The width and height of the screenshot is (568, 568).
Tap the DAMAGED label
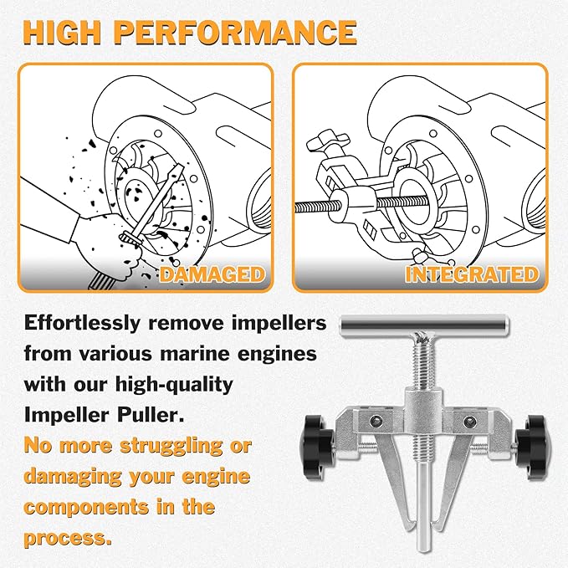[212, 274]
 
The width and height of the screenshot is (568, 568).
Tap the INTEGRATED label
[471, 274]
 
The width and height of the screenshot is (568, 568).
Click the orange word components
[96, 507]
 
